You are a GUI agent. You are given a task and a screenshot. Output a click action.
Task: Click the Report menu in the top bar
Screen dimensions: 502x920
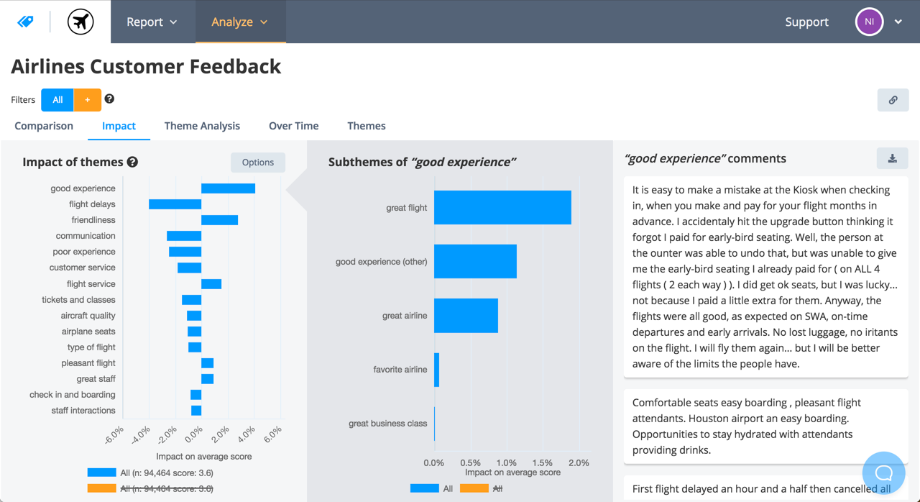coord(152,22)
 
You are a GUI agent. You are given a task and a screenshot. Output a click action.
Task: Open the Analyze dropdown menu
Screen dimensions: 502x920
coord(239,22)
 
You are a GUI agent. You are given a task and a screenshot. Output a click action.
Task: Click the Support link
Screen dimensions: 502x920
coord(806,22)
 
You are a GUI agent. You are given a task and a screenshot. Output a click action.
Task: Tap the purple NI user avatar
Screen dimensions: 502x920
coord(869,22)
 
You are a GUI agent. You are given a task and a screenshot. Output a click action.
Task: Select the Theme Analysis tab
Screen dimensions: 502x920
coord(202,126)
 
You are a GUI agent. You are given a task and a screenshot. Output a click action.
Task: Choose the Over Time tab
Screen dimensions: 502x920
coord(293,126)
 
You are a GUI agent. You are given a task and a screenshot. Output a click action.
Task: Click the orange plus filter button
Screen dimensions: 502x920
coord(87,100)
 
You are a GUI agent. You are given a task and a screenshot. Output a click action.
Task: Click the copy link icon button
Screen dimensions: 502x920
coord(893,100)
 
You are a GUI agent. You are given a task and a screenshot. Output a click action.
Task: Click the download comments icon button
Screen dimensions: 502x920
coord(892,158)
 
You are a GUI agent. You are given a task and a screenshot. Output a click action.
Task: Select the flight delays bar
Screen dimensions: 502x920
coord(175,204)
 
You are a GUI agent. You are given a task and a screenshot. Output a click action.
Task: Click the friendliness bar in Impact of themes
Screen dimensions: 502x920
coord(219,220)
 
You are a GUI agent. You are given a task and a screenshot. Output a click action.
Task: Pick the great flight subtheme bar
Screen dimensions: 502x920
coord(502,208)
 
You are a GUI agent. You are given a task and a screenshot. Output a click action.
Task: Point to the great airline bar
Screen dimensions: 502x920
coord(466,316)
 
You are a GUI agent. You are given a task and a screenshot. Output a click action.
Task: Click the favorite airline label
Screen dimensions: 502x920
coord(400,370)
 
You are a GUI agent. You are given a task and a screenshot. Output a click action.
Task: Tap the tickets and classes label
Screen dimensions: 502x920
coord(78,300)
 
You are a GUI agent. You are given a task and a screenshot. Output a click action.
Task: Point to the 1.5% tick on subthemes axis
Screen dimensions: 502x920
coord(543,463)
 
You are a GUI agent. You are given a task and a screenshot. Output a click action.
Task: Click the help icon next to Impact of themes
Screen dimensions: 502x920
coord(132,163)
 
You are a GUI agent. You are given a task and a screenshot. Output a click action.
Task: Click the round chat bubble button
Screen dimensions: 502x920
coord(883,473)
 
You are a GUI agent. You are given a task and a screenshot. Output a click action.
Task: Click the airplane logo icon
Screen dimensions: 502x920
coord(80,22)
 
